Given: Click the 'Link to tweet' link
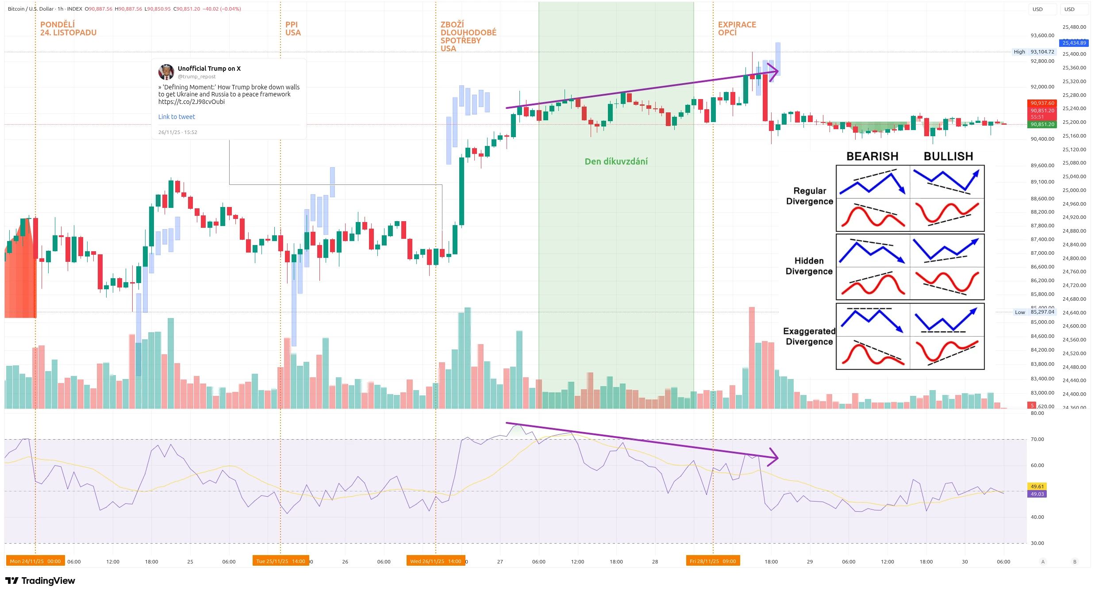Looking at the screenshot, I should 177,117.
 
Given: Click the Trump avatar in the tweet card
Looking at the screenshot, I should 166,72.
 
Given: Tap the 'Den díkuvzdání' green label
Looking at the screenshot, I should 616,161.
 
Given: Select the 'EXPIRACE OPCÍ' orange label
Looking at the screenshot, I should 737,28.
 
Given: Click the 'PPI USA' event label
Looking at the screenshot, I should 292,28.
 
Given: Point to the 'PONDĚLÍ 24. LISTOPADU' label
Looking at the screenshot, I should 68,28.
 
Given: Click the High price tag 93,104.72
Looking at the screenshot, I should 1042,52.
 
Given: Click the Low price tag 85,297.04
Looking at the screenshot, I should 1042,312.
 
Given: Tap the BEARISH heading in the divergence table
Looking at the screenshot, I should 872,156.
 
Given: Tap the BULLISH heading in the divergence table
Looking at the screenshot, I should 948,156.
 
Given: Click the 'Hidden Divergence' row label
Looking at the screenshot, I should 809,266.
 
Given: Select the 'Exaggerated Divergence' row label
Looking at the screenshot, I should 809,336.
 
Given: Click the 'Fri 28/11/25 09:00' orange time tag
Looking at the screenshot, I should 712,561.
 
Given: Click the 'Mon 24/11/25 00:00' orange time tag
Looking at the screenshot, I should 35,561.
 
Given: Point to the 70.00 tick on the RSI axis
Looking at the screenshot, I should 1037,439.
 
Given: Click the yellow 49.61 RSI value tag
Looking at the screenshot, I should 1037,486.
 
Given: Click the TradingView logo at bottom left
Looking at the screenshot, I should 40,581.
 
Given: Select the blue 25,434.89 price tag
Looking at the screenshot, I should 1074,43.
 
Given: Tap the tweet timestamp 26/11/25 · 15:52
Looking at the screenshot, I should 178,132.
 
